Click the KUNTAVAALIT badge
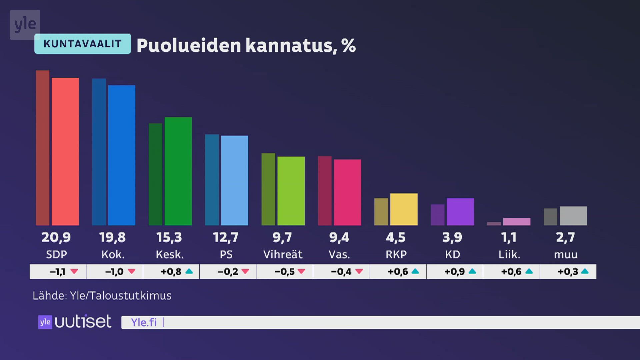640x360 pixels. (82, 44)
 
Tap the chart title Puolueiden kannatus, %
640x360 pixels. (246, 45)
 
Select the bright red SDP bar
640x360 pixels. (65, 152)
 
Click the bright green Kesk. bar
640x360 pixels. (178, 171)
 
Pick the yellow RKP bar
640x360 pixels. (404, 209)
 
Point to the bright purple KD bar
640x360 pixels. (460, 212)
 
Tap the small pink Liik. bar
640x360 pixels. (516, 221)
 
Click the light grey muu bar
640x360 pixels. (573, 216)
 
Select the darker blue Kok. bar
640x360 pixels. (99, 152)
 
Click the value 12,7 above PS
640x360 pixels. (226, 237)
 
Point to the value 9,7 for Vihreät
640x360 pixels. (282, 237)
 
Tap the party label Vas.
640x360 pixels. (339, 255)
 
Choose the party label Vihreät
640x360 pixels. (283, 255)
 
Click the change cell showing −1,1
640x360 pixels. (58, 272)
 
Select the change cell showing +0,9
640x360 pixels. (455, 272)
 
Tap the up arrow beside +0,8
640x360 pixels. (189, 271)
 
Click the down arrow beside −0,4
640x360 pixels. (359, 271)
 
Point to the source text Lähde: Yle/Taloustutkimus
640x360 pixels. (102, 296)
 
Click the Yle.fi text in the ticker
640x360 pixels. (144, 322)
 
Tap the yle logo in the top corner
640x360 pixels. (25, 25)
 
